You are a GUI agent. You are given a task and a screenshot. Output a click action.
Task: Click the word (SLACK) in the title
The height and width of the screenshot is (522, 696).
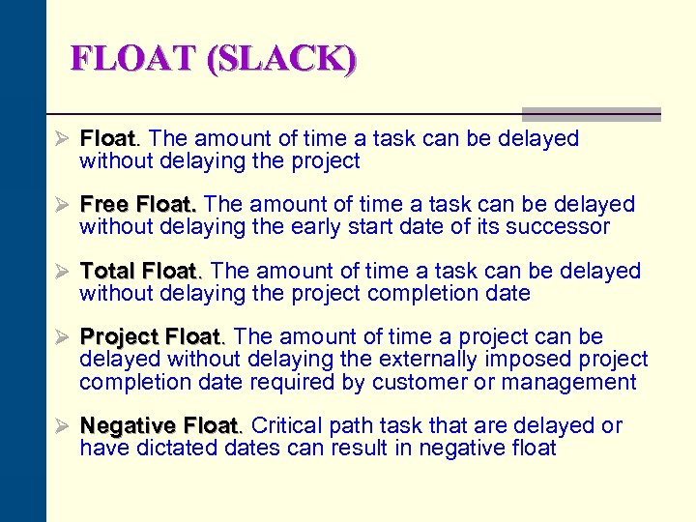[280, 60]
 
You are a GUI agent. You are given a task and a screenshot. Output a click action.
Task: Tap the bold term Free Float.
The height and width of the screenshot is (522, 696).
[138, 205]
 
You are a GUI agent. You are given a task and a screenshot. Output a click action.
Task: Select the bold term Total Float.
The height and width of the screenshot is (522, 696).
[141, 271]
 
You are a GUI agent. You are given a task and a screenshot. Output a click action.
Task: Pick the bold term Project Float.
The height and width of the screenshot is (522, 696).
[152, 337]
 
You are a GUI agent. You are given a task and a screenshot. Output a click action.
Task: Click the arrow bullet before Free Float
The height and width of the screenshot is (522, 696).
[64, 205]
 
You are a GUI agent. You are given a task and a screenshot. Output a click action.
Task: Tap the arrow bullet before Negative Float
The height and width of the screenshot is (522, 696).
[64, 426]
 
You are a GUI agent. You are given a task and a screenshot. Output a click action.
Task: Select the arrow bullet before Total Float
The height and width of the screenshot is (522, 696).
[64, 271]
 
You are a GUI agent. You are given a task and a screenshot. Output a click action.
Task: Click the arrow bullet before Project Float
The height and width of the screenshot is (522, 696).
[64, 337]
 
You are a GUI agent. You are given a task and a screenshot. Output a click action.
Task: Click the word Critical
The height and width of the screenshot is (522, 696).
[287, 426]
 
